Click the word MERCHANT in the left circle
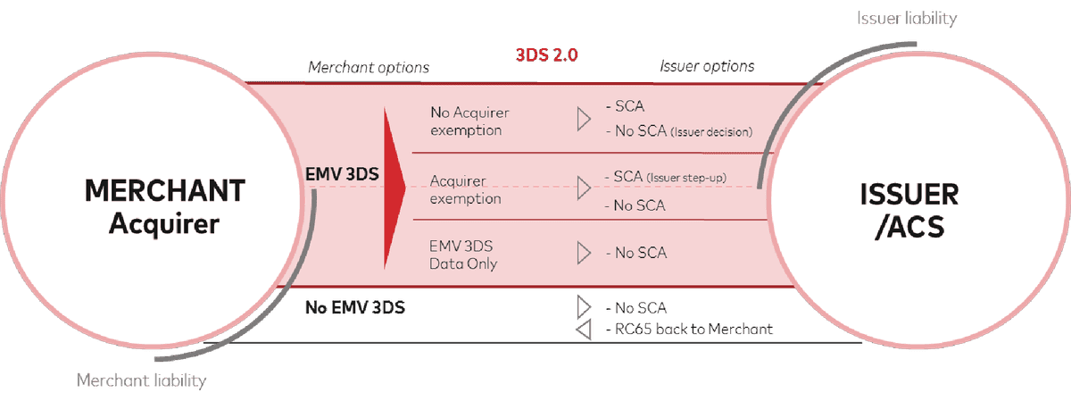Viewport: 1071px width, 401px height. pyautogui.click(x=151, y=191)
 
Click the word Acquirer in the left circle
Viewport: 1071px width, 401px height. pyautogui.click(x=163, y=224)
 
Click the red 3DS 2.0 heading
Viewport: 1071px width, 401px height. pyautogui.click(x=546, y=54)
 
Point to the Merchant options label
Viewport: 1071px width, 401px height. pyautogui.click(x=369, y=67)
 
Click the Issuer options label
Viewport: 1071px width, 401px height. pyautogui.click(x=707, y=66)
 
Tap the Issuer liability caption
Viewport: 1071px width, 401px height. pyautogui.click(x=906, y=19)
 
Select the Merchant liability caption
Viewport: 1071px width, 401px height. pyautogui.click(x=142, y=381)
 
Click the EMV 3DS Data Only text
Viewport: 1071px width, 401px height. pyautogui.click(x=463, y=254)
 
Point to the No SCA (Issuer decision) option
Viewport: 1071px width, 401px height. pyautogui.click(x=679, y=131)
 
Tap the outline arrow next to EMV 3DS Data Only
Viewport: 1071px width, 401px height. pyautogui.click(x=584, y=253)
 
